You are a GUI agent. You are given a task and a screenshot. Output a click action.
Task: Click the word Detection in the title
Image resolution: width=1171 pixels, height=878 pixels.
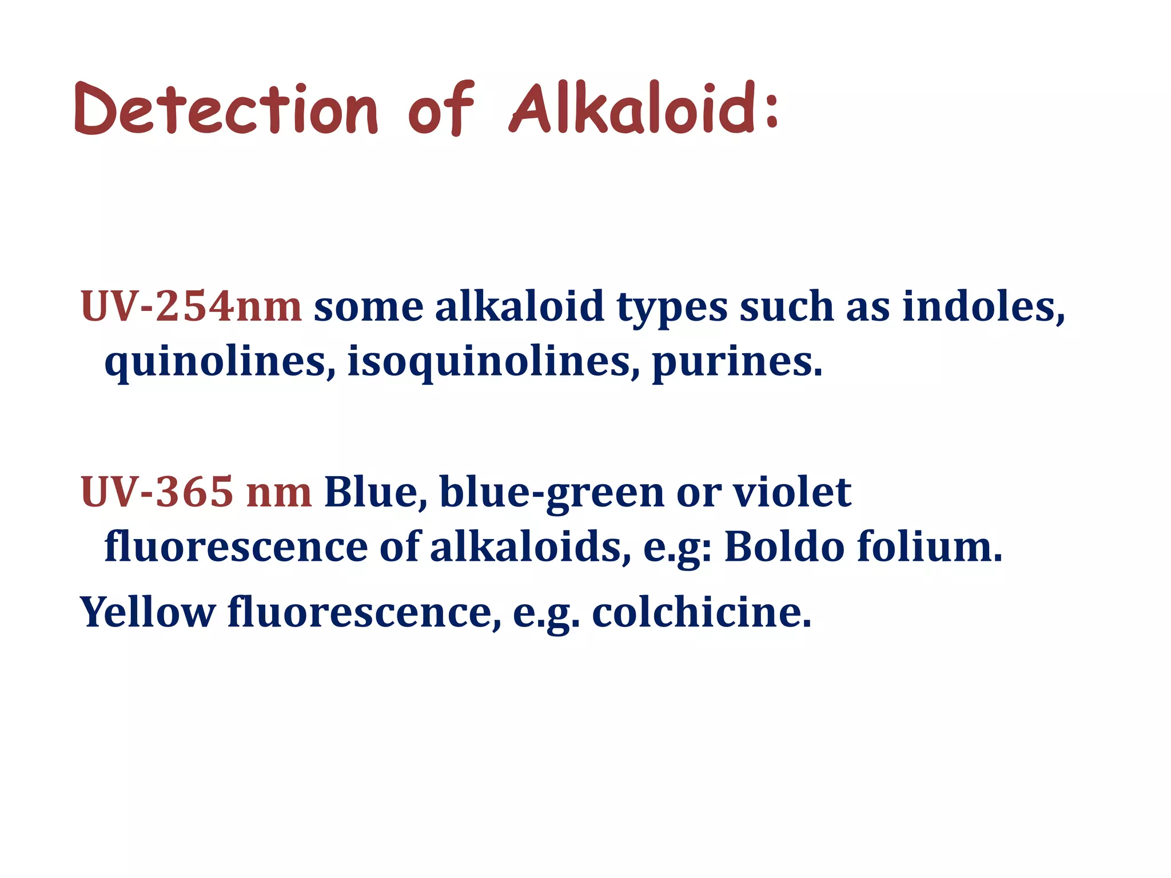coord(226,110)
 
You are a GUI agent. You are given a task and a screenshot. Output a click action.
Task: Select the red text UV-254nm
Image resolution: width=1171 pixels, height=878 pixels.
coord(191,306)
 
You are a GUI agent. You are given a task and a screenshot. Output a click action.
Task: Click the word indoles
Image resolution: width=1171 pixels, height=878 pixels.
coord(983,306)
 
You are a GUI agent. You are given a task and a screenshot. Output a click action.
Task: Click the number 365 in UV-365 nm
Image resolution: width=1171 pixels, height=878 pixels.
coord(194,492)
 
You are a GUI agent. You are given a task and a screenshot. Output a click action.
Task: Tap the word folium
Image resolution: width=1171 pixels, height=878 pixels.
coord(930,547)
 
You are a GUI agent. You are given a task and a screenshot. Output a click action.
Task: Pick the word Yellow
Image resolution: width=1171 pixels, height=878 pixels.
coord(148,612)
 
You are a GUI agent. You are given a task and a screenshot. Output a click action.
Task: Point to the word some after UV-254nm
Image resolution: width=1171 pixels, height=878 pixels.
coord(369,308)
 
